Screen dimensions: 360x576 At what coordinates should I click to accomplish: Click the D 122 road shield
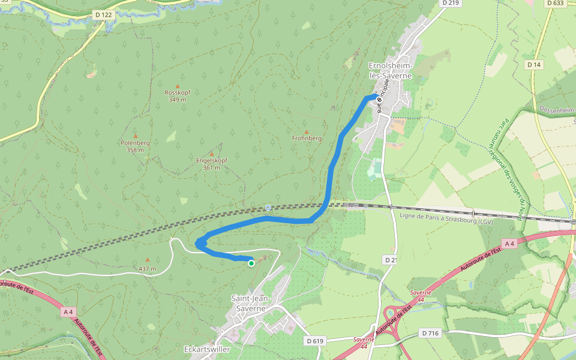(x=103, y=15)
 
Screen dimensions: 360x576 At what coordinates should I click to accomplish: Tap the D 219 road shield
(x=452, y=3)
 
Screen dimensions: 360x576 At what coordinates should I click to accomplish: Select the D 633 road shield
(x=555, y=3)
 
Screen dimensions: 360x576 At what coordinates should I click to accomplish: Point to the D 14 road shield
(x=533, y=64)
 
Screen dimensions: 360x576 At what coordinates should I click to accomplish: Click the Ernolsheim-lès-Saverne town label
(x=390, y=71)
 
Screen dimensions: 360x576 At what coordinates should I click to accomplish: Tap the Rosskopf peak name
(x=177, y=96)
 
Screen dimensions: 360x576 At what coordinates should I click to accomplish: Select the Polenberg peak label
(x=135, y=146)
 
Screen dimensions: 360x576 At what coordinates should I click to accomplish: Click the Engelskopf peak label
(x=211, y=164)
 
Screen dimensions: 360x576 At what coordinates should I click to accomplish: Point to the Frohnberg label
(x=307, y=138)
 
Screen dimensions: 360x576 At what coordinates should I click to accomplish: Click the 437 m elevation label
(x=147, y=268)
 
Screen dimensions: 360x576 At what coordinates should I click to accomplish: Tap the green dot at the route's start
(x=251, y=263)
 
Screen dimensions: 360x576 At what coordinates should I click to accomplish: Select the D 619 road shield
(x=314, y=341)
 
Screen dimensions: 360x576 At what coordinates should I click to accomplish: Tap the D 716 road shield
(x=431, y=332)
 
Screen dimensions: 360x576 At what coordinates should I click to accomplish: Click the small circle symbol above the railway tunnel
(x=268, y=207)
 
